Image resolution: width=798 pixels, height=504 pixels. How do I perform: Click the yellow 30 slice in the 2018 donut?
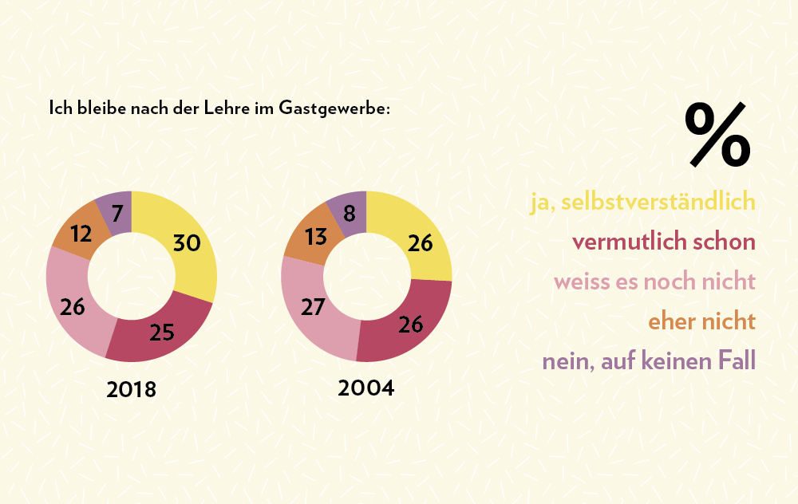[x=187, y=243]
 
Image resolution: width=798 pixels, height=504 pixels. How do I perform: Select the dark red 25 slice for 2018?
[x=162, y=332]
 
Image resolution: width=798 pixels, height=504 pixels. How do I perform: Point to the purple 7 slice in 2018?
[x=117, y=212]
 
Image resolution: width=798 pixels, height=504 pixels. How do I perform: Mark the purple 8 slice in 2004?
[x=350, y=211]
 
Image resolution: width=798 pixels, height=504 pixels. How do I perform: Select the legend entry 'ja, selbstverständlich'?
[x=643, y=202]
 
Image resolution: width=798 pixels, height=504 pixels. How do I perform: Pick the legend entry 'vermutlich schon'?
[x=664, y=242]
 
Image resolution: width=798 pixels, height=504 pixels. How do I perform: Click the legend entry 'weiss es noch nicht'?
[x=654, y=282]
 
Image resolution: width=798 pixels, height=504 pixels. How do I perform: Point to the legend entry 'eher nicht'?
[x=701, y=321]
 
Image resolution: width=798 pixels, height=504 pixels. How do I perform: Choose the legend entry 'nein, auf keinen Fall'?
[x=649, y=361]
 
